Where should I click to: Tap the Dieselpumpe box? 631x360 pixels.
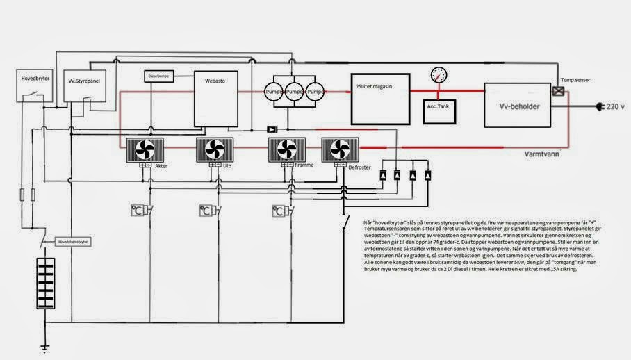(159, 75)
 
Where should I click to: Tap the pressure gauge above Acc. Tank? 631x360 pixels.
(439, 75)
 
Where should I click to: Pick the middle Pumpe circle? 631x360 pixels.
(295, 92)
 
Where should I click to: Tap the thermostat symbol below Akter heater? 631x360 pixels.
(138, 210)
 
